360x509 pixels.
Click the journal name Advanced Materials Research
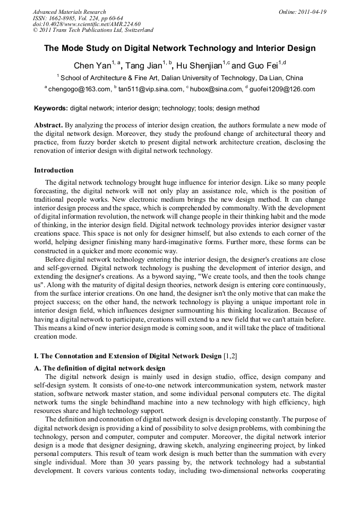(70, 12)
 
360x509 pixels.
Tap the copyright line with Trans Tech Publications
(93, 30)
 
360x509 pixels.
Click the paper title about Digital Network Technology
(179, 48)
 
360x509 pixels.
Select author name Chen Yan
(91, 66)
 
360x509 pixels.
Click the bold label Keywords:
(51, 108)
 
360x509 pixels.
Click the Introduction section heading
(54, 170)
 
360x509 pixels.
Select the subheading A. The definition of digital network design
(100, 368)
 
